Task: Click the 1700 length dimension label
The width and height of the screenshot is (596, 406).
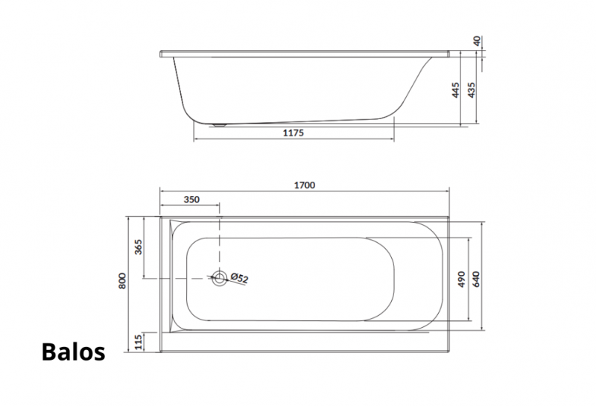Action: coord(305,185)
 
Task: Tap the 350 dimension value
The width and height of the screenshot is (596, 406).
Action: coord(191,200)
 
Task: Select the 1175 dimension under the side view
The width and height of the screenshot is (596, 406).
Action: coord(294,133)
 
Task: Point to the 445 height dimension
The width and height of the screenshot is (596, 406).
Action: coord(455,90)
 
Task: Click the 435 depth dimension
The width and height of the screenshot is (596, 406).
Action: coord(472,90)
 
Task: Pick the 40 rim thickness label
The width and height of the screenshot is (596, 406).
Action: coord(478,40)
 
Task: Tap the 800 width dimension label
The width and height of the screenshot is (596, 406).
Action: coord(122,281)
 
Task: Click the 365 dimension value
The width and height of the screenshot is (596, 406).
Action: coord(139,247)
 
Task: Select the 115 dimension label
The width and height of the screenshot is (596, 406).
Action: coord(139,342)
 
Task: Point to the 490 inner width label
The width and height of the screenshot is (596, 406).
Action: coord(461,279)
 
